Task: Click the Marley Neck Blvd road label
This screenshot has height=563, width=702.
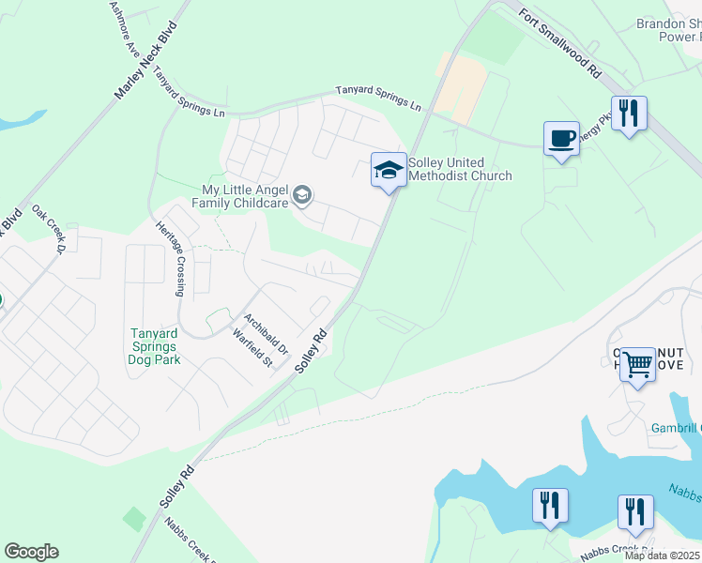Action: [145, 63]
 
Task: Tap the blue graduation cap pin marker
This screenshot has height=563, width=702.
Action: [389, 169]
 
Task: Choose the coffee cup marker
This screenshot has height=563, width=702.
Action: [561, 138]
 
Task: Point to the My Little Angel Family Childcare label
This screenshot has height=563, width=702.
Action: [240, 195]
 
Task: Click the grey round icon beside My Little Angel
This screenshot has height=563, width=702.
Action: [302, 195]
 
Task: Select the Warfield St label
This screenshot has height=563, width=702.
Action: [252, 347]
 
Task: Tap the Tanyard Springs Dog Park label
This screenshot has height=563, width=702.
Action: [155, 345]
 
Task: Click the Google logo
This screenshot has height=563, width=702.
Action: [31, 552]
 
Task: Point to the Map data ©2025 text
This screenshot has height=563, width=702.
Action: [663, 555]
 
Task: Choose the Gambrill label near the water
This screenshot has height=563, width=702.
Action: [676, 429]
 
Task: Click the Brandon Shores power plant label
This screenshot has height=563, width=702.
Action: [668, 31]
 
